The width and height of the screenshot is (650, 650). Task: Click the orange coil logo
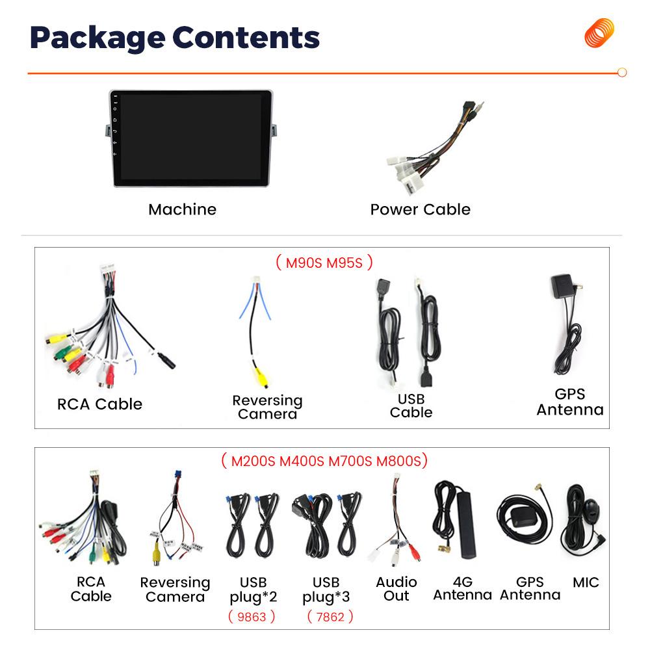(599, 32)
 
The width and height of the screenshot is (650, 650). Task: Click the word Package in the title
(98, 39)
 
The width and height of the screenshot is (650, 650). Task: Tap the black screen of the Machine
(190, 136)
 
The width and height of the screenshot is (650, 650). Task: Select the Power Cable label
(421, 210)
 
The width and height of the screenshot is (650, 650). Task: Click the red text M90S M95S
(324, 263)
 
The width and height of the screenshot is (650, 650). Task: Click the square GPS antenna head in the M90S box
(562, 285)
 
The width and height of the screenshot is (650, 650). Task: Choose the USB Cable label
(411, 406)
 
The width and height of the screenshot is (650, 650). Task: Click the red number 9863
(252, 617)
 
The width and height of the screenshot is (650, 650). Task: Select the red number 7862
(330, 617)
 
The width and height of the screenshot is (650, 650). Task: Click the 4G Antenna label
(463, 589)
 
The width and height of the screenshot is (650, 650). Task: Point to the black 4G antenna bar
(467, 523)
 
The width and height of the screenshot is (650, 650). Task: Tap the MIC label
(586, 582)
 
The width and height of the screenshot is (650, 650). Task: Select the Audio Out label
(396, 589)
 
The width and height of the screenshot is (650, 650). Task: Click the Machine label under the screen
(183, 210)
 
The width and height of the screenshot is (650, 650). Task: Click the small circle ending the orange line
(622, 73)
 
